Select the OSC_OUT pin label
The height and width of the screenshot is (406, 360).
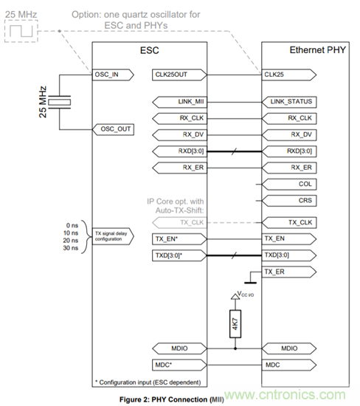click(x=113, y=128)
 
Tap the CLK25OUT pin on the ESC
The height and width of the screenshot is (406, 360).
click(x=175, y=75)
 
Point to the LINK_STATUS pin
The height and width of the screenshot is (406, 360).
click(x=290, y=100)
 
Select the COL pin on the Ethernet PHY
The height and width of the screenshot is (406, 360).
click(x=290, y=185)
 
